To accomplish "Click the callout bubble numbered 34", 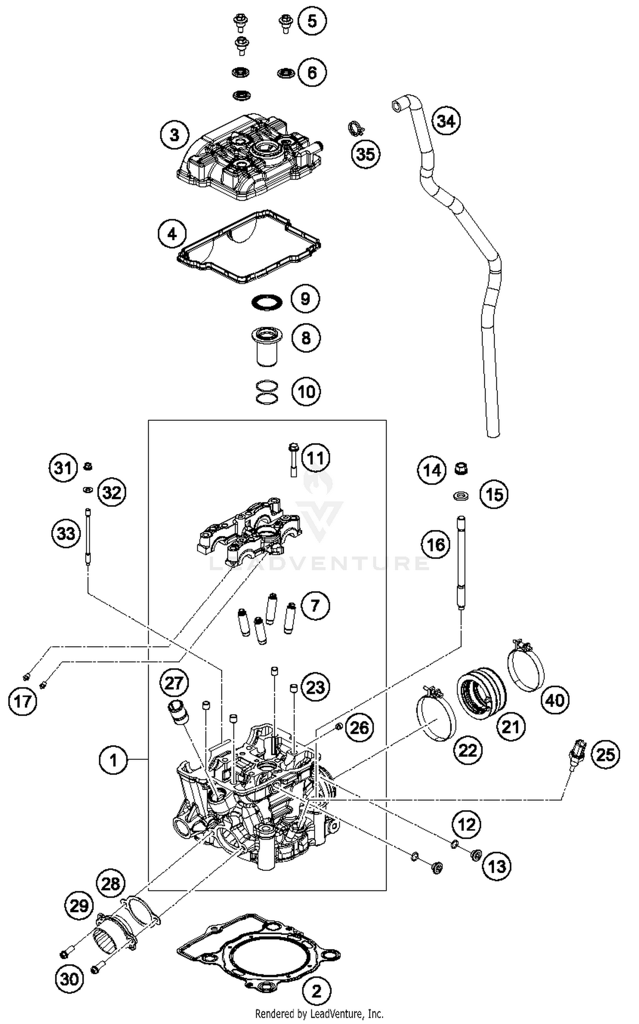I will (x=446, y=121).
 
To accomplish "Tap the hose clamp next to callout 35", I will (x=353, y=128).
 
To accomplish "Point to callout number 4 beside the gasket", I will (x=172, y=234).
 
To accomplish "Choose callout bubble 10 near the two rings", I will (x=306, y=391).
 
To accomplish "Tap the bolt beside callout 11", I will (x=293, y=460).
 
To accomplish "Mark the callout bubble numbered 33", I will (x=66, y=533).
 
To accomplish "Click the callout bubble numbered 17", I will (x=23, y=701).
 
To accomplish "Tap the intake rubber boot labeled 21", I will (x=481, y=694).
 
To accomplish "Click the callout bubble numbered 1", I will (x=113, y=759).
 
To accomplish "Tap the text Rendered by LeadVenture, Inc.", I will (x=319, y=1013).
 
